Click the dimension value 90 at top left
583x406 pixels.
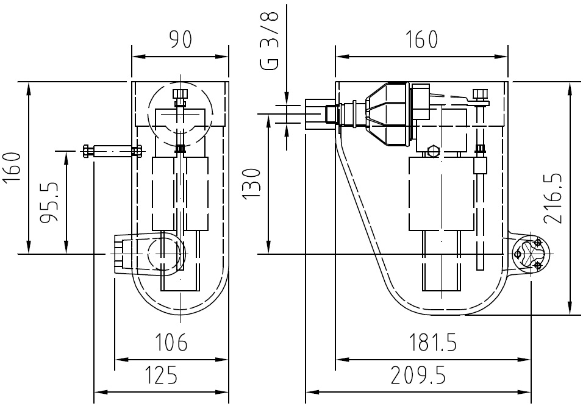[181, 40]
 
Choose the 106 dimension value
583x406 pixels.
[171, 343]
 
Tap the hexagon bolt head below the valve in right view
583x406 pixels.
[433, 150]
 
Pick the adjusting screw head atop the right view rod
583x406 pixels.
[480, 94]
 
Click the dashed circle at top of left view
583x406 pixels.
[181, 110]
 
